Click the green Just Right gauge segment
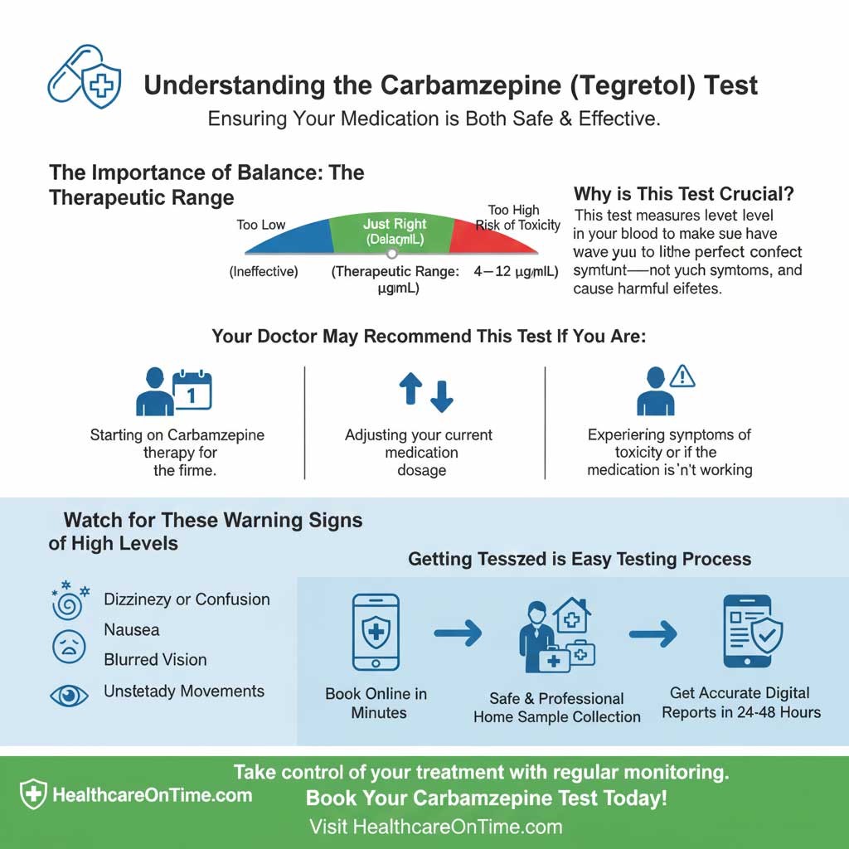391,233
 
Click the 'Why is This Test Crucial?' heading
684,194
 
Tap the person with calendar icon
173,392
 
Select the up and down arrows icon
427,392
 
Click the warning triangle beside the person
682,377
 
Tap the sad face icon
69,646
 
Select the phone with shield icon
376,632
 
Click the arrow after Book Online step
458,634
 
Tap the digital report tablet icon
750,631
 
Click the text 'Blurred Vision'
155,660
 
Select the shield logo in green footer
33,794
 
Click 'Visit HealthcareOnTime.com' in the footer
436,827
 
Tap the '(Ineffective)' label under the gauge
264,271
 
